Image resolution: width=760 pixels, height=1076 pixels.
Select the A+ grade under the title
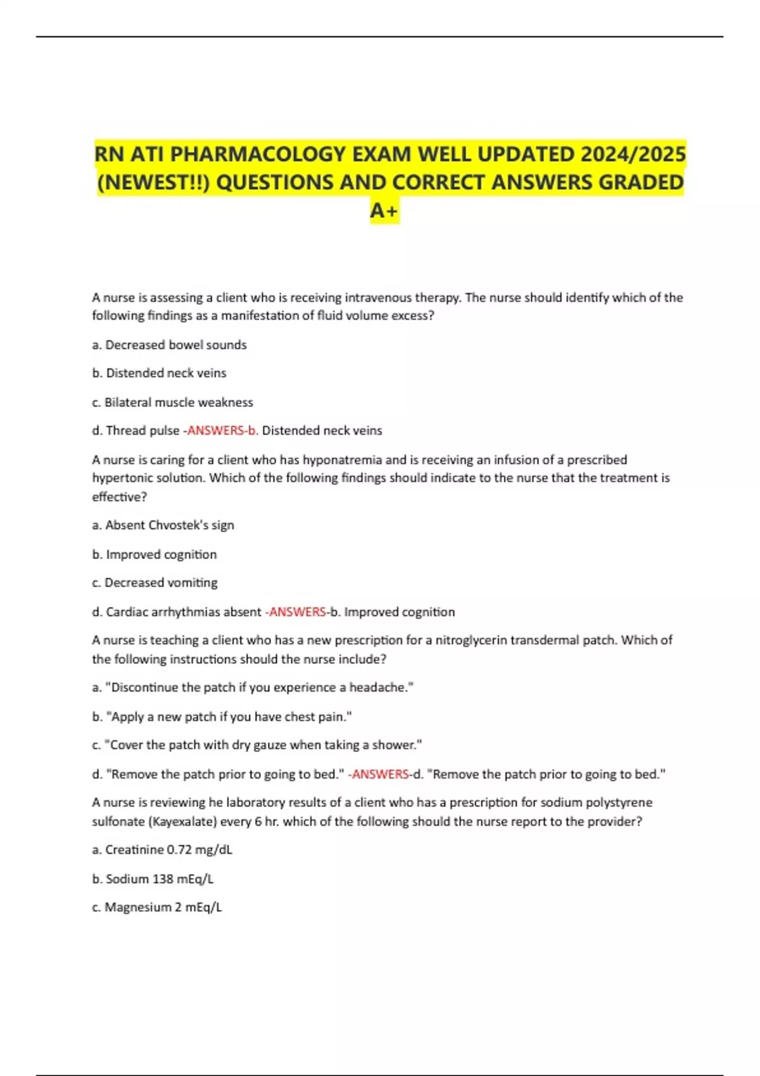point(384,210)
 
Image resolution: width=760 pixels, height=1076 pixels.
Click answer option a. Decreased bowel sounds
point(169,345)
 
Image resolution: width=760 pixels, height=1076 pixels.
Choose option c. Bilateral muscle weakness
point(172,402)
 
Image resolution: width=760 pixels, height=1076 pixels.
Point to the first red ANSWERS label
point(216,430)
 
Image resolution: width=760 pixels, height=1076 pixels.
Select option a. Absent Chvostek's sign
point(163,525)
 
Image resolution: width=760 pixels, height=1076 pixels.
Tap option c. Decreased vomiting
point(155,582)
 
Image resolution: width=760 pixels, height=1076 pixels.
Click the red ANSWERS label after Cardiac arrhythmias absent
point(298,612)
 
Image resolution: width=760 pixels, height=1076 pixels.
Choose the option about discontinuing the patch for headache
point(253,687)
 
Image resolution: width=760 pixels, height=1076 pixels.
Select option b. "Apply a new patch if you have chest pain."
point(222,716)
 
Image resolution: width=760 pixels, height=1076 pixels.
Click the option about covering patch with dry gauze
point(256,745)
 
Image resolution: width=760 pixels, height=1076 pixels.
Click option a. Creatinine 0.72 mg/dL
point(162,849)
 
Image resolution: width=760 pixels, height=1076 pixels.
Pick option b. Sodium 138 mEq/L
point(153,879)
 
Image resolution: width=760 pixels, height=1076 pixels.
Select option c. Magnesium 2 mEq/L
point(157,907)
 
